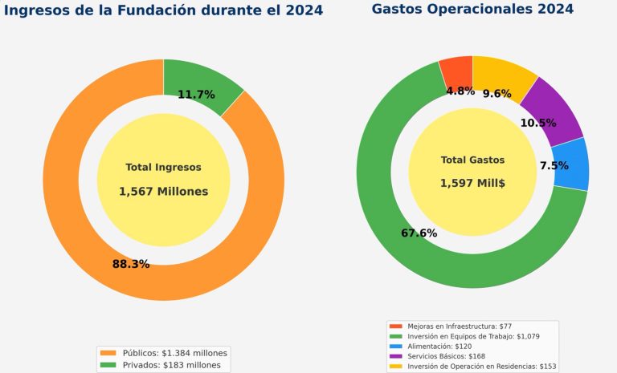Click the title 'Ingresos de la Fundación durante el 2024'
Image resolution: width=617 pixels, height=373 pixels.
[164, 10]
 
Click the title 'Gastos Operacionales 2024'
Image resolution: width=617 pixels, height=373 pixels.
[472, 10]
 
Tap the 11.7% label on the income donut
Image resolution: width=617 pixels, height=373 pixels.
[196, 95]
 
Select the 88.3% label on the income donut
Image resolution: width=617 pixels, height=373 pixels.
[131, 264]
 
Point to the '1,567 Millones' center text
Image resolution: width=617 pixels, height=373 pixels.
[163, 192]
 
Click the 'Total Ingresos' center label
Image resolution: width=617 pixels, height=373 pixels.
[163, 168]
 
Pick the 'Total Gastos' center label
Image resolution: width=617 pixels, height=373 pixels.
[472, 160]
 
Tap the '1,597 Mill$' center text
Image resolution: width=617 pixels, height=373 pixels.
[472, 184]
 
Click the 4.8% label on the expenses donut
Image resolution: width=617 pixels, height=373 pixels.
[460, 91]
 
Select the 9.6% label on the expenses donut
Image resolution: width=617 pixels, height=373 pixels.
[496, 94]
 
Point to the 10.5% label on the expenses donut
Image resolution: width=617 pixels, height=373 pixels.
[538, 123]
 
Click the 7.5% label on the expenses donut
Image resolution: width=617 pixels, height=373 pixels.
[554, 166]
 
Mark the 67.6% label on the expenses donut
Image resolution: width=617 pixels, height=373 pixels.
[419, 233]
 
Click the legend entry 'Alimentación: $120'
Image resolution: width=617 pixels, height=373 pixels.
[439, 347]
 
